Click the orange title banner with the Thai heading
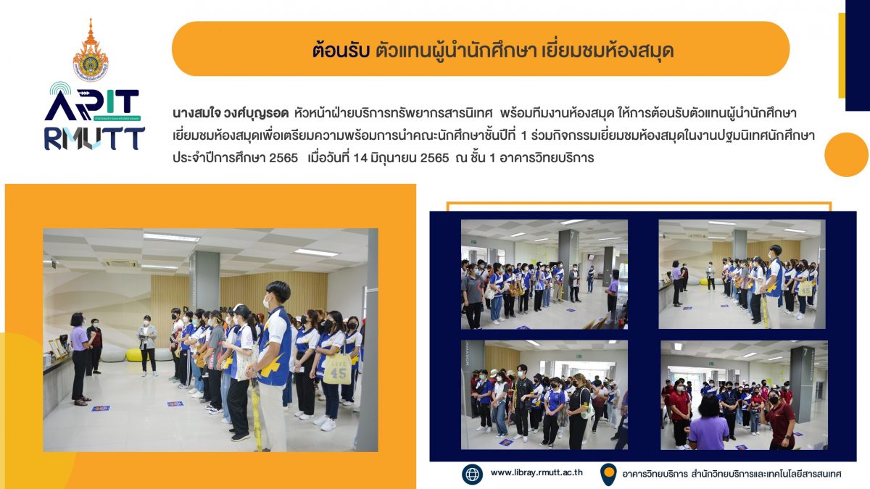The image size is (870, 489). pyautogui.click(x=481, y=49)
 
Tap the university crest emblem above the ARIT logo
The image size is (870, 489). pyautogui.click(x=91, y=51)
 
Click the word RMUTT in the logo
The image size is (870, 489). pyautogui.click(x=94, y=138)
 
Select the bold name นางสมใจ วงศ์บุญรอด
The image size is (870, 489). pyautogui.click(x=231, y=114)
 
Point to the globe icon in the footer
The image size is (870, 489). pyautogui.click(x=472, y=475)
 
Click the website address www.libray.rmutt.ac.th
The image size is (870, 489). pyautogui.click(x=536, y=472)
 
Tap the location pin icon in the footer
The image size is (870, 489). pyautogui.click(x=608, y=475)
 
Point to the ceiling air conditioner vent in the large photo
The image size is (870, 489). pyautogui.click(x=120, y=264)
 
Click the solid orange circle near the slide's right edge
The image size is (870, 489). pyautogui.click(x=846, y=154)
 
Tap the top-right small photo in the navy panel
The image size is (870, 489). pyautogui.click(x=742, y=275)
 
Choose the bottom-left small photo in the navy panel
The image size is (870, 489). pyautogui.click(x=544, y=395)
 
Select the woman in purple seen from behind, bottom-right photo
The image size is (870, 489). pyautogui.click(x=708, y=423)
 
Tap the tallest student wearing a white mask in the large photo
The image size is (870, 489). pyautogui.click(x=274, y=366)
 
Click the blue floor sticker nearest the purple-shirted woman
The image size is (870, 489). pyautogui.click(x=100, y=409)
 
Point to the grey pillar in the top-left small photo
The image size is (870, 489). pyautogui.click(x=568, y=264)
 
